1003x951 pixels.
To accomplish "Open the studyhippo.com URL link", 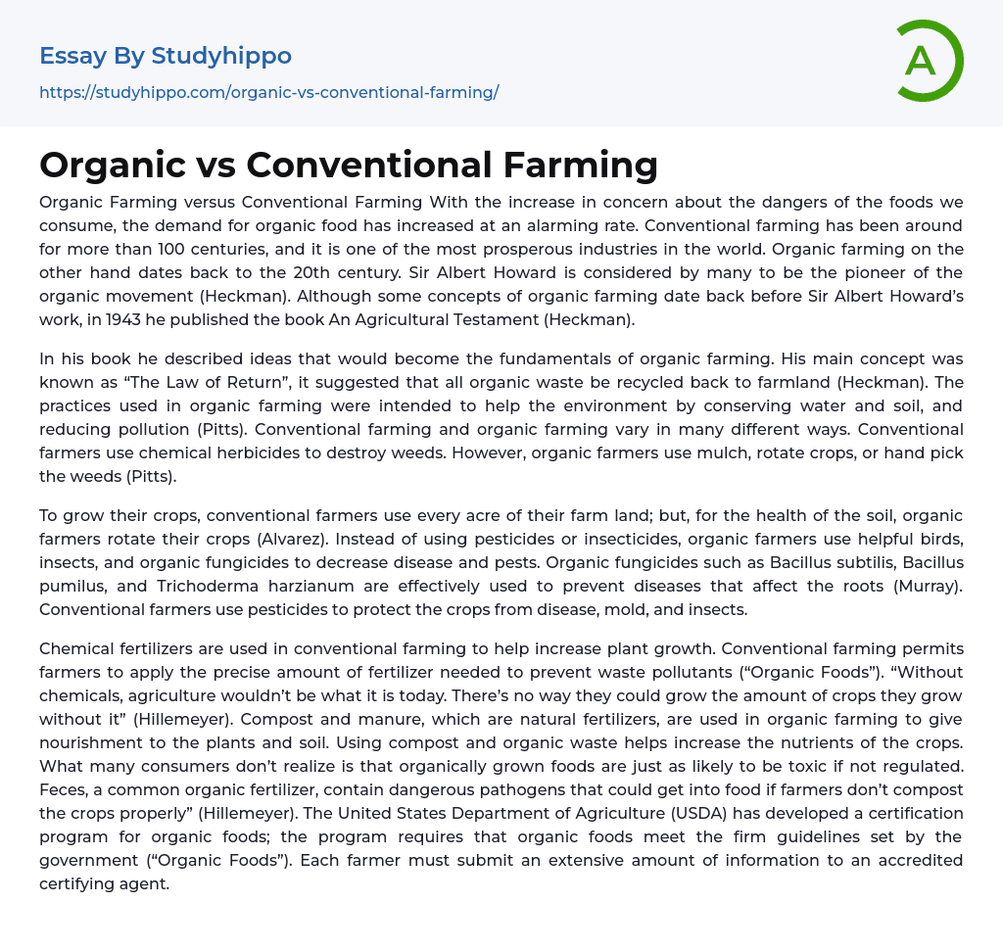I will [268, 93].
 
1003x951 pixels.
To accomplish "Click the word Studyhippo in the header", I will [221, 56].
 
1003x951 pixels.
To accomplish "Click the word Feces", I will [64, 789].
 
